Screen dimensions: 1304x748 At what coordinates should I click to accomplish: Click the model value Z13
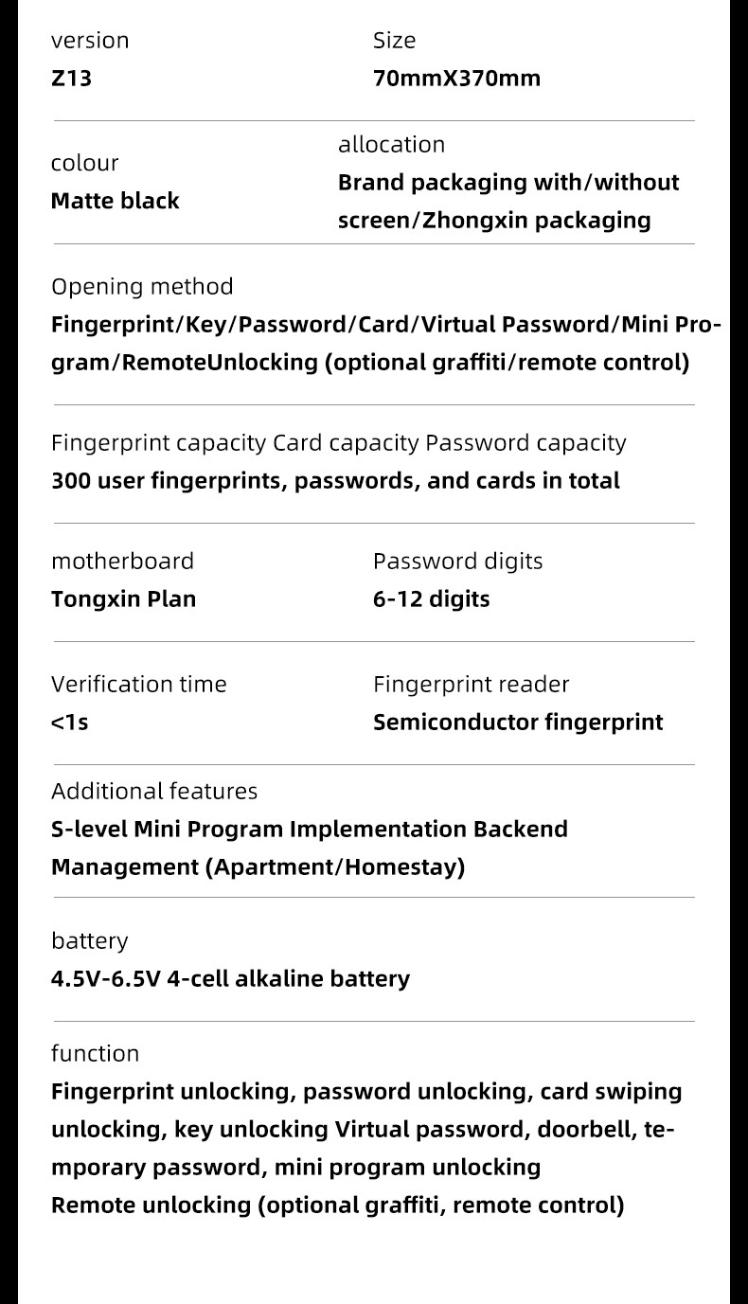pyautogui.click(x=71, y=79)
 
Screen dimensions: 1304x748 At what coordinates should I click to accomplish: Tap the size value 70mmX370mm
pyautogui.click(x=456, y=79)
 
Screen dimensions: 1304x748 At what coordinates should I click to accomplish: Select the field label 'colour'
pyautogui.click(x=84, y=163)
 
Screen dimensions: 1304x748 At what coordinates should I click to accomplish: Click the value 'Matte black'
pyautogui.click(x=115, y=201)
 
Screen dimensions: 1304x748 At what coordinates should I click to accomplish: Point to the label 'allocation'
pyautogui.click(x=391, y=145)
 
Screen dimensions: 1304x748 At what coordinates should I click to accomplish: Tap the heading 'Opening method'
pyautogui.click(x=142, y=287)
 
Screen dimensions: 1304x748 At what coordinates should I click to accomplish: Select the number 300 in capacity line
pyautogui.click(x=71, y=481)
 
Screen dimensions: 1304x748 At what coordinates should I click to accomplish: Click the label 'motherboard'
pyautogui.click(x=122, y=562)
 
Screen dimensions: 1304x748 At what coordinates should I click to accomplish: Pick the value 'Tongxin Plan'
pyautogui.click(x=123, y=599)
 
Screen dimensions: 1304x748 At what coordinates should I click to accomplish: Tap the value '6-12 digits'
pyautogui.click(x=431, y=599)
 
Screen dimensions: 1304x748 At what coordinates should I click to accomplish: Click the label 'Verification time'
pyautogui.click(x=138, y=685)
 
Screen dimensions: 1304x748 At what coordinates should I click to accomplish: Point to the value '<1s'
pyautogui.click(x=69, y=723)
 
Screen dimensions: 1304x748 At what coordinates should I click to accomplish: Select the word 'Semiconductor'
pyautogui.click(x=455, y=723)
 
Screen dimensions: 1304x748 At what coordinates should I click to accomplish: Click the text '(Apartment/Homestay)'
pyautogui.click(x=335, y=867)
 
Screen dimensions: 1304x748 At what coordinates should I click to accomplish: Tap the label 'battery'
pyautogui.click(x=89, y=941)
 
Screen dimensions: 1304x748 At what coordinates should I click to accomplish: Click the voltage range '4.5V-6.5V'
pyautogui.click(x=105, y=979)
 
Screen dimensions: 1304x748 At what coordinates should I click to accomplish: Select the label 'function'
pyautogui.click(x=95, y=1054)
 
